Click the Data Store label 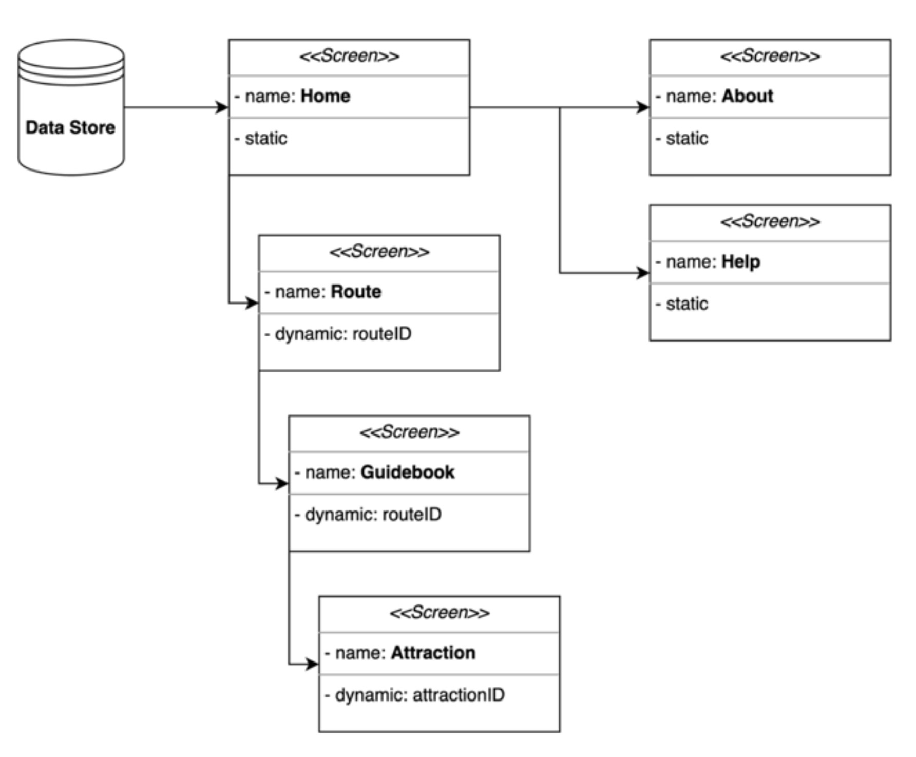[x=70, y=127]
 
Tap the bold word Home [x=325, y=96]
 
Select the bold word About [x=747, y=96]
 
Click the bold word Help [x=740, y=262]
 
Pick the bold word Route [x=356, y=292]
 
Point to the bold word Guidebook [x=407, y=472]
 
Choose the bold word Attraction [x=433, y=653]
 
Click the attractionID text [x=459, y=695]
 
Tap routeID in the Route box [x=382, y=334]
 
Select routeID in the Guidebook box [x=412, y=515]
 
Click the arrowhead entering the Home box [x=222, y=107]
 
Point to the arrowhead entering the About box [x=643, y=107]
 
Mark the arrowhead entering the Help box [x=643, y=273]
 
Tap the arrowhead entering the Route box [x=252, y=303]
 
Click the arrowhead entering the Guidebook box [x=282, y=483]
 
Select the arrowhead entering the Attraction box [x=312, y=664]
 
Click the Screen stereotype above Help [x=770, y=222]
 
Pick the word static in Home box [x=266, y=139]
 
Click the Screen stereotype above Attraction [x=439, y=613]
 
